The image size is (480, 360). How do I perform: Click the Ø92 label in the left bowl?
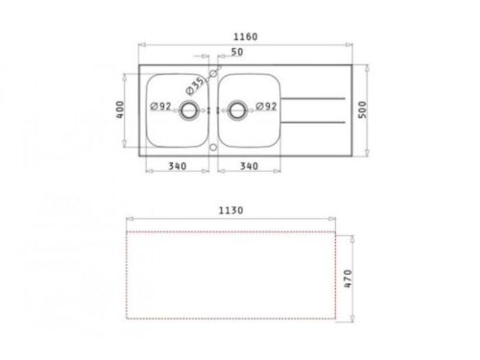point(161,106)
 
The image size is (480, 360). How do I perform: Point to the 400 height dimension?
point(122,110)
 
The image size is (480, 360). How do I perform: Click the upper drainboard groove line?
point(317,99)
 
